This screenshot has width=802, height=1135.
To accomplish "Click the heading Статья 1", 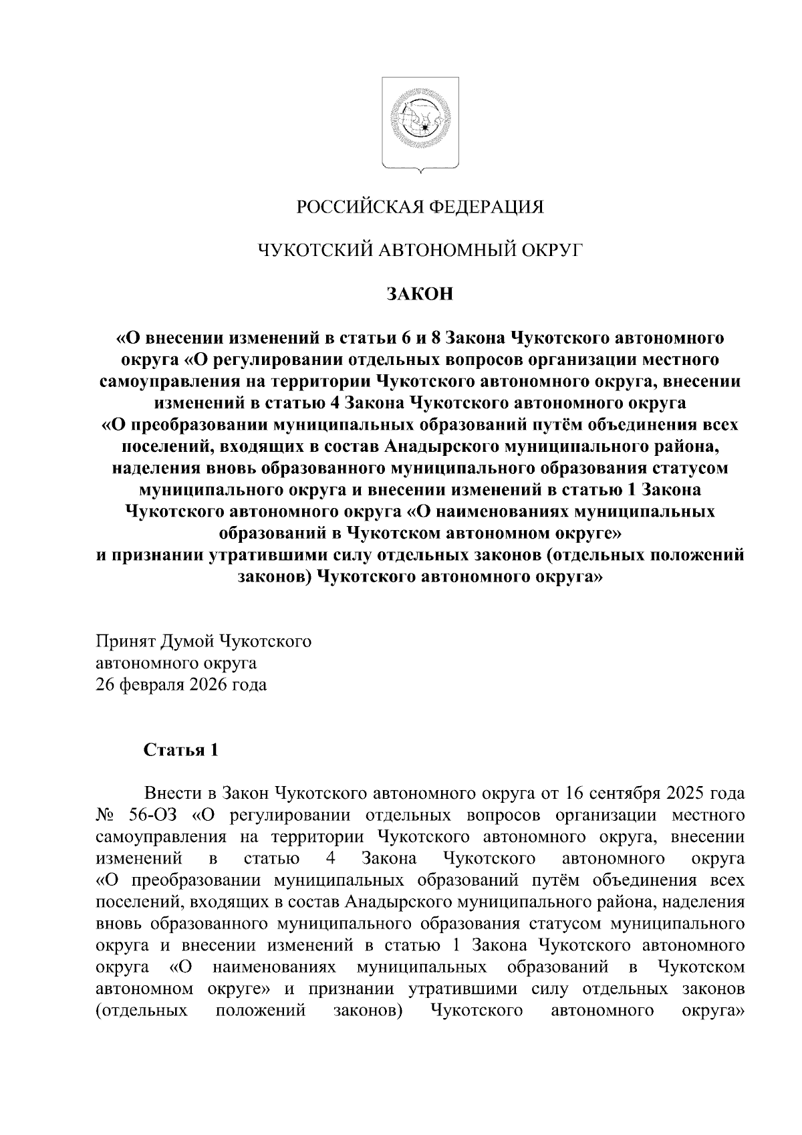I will point(181,750).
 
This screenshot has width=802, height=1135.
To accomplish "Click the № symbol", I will point(106,815).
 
